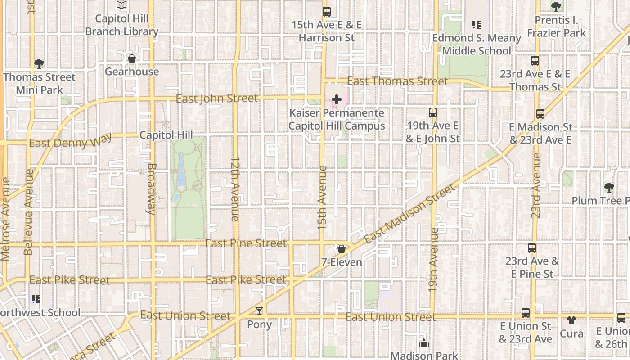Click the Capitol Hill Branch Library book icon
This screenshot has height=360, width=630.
tap(121, 5)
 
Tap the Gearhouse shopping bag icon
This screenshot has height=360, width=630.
tap(132, 58)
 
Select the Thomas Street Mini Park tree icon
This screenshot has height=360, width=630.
tap(39, 64)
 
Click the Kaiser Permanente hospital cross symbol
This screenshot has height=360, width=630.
tap(337, 99)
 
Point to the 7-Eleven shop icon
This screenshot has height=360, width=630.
tap(342, 249)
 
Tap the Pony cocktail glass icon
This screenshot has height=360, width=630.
tap(259, 311)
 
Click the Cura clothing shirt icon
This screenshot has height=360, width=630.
tap(571, 320)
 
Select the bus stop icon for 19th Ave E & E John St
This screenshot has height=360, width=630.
tap(433, 112)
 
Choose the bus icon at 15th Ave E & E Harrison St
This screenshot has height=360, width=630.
tap(327, 12)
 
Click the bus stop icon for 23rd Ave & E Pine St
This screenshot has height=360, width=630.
tap(532, 248)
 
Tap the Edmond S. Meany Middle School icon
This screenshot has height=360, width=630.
tap(476, 25)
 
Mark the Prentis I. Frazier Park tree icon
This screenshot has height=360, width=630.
tap(556, 7)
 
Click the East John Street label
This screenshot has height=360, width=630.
tap(217, 98)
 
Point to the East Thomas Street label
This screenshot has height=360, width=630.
tap(398, 81)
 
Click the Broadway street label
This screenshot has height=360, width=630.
tap(152, 188)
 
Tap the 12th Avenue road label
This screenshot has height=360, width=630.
tap(235, 189)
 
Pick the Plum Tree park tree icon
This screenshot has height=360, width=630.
tap(609, 187)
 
